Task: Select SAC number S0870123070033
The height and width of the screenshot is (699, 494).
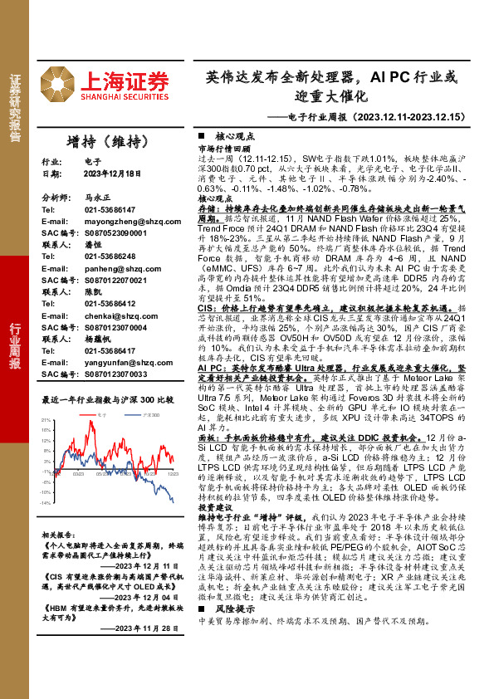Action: tap(116, 374)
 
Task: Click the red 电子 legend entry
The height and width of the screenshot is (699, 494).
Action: tap(101, 412)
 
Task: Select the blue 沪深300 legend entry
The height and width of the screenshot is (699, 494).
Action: tap(147, 412)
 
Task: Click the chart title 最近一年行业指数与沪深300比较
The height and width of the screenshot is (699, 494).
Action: tap(108, 398)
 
